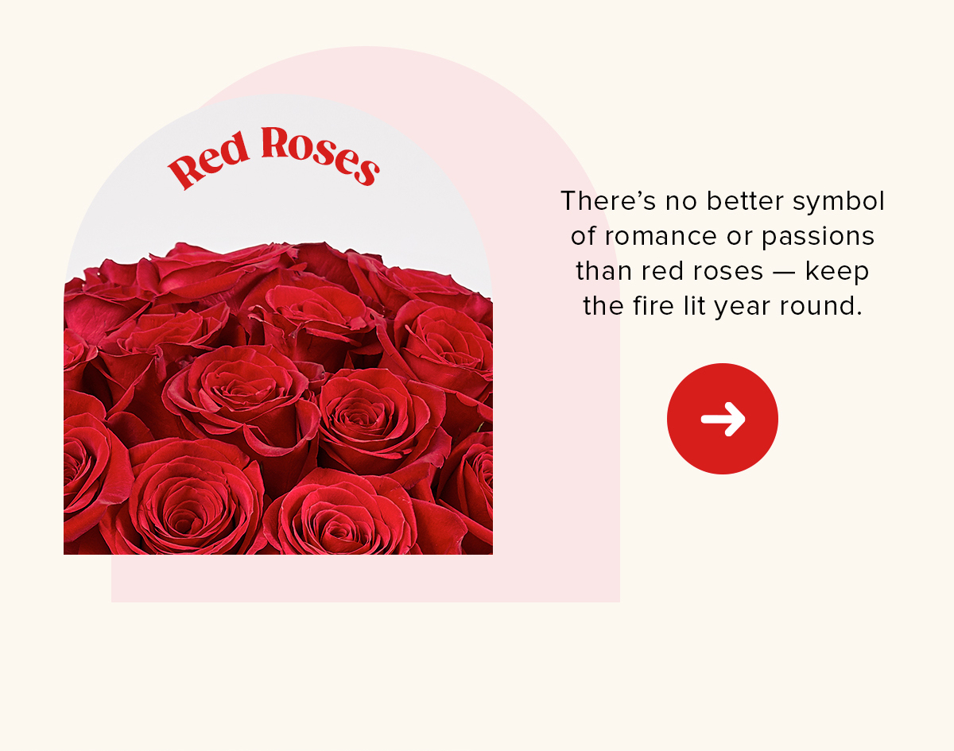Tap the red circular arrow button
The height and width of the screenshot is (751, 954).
pyautogui.click(x=722, y=419)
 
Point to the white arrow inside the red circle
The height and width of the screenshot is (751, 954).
pyautogui.click(x=723, y=419)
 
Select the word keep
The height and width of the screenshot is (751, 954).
pyautogui.click(x=837, y=272)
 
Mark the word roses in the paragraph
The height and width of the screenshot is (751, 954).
pyautogui.click(x=723, y=272)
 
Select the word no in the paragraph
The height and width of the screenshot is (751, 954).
pyautogui.click(x=681, y=201)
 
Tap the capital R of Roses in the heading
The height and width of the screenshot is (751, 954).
pyautogui.click(x=276, y=144)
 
